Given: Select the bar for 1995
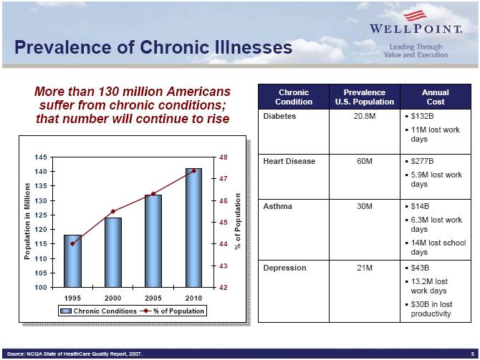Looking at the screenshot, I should pyautogui.click(x=73, y=261).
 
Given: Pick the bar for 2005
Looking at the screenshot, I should pyautogui.click(x=153, y=240).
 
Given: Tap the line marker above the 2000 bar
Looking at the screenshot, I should pyautogui.click(x=113, y=211).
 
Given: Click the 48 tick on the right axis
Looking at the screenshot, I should pyautogui.click(x=224, y=157).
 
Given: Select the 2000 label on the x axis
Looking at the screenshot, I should pyautogui.click(x=112, y=297).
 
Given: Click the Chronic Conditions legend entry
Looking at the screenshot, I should pyautogui.click(x=100, y=311).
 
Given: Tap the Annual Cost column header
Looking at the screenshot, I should pyautogui.click(x=435, y=97).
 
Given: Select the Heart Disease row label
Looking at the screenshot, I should pyautogui.click(x=289, y=161).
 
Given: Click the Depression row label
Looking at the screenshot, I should pyautogui.click(x=284, y=268).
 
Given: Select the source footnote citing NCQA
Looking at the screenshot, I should pyautogui.click(x=75, y=354).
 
